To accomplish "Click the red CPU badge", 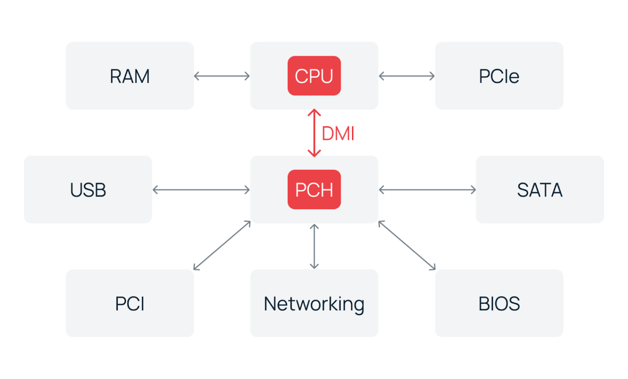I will click(x=314, y=76).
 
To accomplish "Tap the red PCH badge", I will click(x=314, y=189).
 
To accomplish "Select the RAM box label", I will click(x=130, y=76).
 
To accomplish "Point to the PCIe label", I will click(x=499, y=76).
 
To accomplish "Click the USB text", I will click(x=88, y=190).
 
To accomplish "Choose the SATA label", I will click(x=539, y=190).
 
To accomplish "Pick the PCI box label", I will click(x=130, y=304).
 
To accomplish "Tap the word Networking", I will click(x=314, y=304).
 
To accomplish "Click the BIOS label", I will click(x=499, y=304).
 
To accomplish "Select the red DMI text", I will click(x=338, y=134).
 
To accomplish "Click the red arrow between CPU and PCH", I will click(x=314, y=133).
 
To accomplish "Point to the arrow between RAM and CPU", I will click(x=222, y=76).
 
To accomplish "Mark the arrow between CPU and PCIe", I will click(x=406, y=76).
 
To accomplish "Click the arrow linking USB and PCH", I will click(x=201, y=190).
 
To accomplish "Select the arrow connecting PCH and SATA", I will click(x=427, y=190).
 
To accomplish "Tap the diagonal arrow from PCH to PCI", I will click(x=222, y=246).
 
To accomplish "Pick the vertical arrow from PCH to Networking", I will click(x=314, y=246).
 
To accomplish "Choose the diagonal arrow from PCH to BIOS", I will click(x=407, y=246).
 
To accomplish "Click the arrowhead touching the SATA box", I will click(x=473, y=190).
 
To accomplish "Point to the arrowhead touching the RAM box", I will click(x=197, y=76).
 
